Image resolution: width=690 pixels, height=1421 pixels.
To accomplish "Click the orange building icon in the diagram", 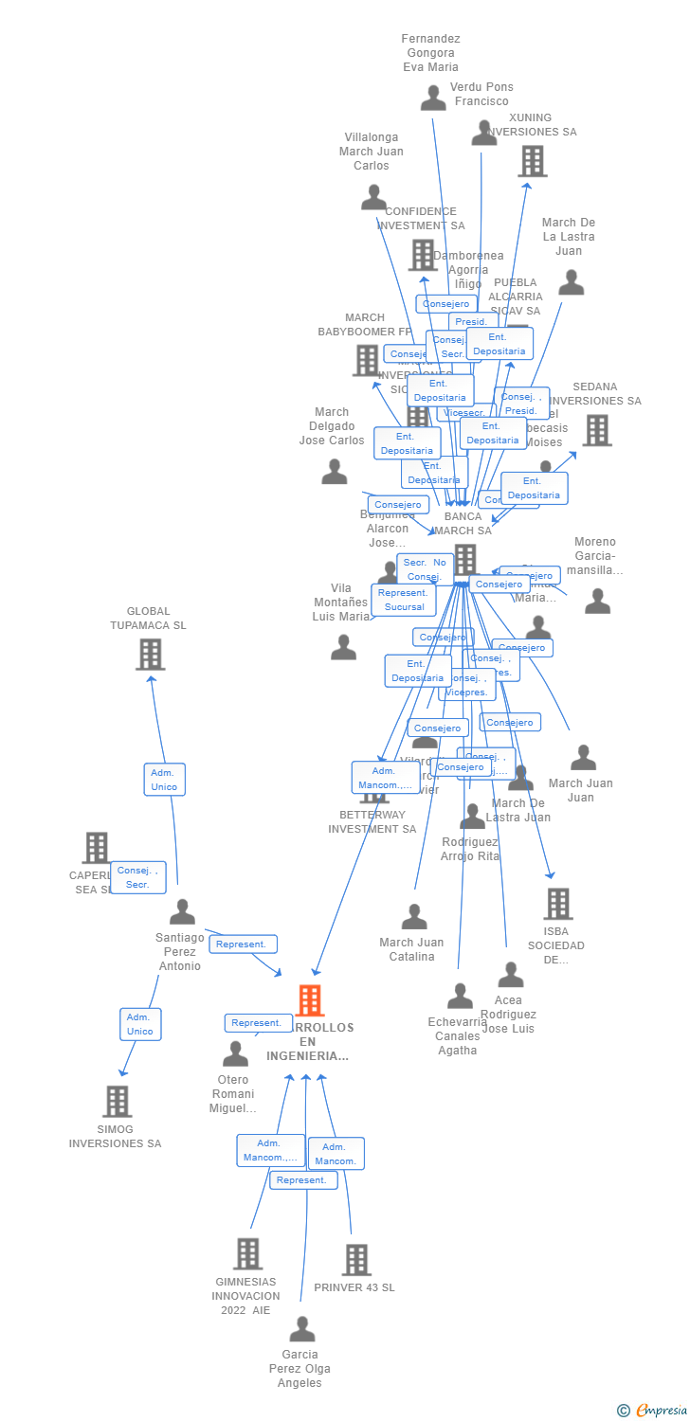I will (310, 1000).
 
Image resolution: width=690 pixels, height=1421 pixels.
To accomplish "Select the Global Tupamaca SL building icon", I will (150, 654).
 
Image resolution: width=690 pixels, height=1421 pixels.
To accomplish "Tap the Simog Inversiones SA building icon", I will (117, 1101).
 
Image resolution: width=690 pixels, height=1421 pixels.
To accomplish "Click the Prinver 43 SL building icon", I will (356, 1259).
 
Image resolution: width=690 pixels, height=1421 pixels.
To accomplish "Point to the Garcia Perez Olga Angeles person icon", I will (302, 1330).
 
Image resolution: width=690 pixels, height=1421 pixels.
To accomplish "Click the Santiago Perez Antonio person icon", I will (182, 912).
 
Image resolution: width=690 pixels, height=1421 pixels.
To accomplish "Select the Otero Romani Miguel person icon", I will (235, 1053).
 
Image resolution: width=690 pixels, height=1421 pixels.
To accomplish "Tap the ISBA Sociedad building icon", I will (557, 904).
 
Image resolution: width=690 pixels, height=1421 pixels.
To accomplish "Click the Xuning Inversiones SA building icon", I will (533, 161).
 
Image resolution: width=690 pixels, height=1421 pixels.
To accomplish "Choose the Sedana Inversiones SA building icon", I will (596, 430).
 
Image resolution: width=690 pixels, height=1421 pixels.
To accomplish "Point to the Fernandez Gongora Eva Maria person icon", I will (433, 98).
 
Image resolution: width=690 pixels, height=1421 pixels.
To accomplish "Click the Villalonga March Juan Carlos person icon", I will (373, 197).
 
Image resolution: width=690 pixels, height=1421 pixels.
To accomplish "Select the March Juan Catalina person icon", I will (414, 917).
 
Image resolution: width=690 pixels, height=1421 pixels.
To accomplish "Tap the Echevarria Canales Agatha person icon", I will (461, 996).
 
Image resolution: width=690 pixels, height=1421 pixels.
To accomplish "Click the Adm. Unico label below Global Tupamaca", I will (164, 780).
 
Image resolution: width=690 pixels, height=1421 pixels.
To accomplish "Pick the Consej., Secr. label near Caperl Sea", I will (138, 877).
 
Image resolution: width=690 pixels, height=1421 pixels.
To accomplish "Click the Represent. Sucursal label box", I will (404, 600).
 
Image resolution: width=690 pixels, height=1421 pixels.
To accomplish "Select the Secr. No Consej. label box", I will (426, 569).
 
